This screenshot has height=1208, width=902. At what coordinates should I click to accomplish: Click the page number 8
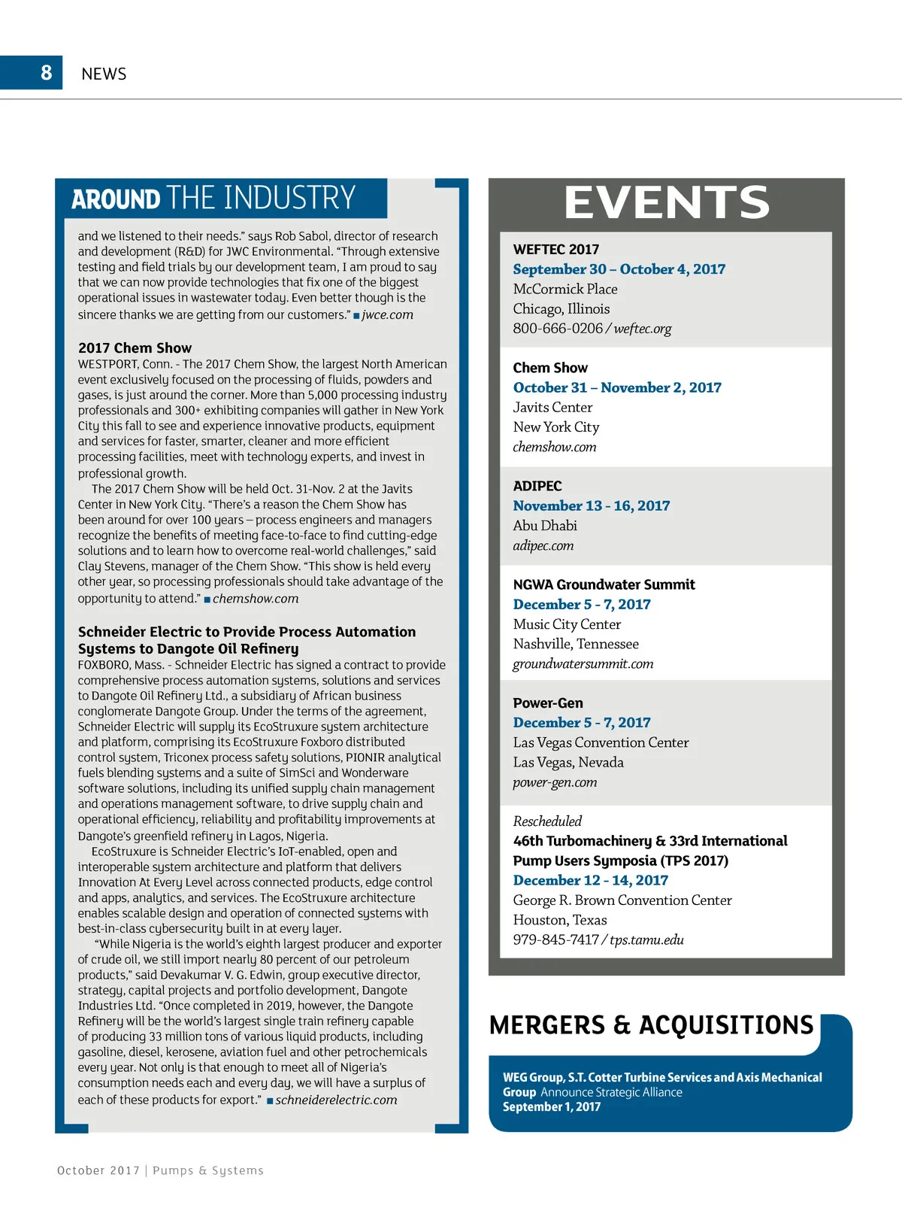pyautogui.click(x=47, y=72)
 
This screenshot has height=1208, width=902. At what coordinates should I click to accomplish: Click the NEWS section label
pyautogui.click(x=104, y=74)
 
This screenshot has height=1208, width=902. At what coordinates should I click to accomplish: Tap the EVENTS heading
pyautogui.click(x=667, y=202)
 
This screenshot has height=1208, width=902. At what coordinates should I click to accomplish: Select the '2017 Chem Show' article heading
pyautogui.click(x=135, y=348)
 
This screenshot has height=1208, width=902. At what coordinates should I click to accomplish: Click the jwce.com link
pyautogui.click(x=387, y=314)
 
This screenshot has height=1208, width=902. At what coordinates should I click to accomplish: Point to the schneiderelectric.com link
pyautogui.click(x=336, y=1100)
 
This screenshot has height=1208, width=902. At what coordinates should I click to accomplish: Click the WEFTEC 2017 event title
pyautogui.click(x=555, y=249)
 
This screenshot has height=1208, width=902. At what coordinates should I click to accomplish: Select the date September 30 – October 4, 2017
pyautogui.click(x=619, y=269)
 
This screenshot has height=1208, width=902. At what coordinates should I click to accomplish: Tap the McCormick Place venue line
pyautogui.click(x=565, y=289)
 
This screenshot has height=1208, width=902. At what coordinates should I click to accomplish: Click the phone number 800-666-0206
pyautogui.click(x=558, y=329)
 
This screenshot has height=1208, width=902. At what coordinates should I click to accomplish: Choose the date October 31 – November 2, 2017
pyautogui.click(x=616, y=387)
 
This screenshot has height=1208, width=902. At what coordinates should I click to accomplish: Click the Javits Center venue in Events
pyautogui.click(x=552, y=407)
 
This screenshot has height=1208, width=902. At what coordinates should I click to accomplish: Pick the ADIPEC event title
pyautogui.click(x=537, y=486)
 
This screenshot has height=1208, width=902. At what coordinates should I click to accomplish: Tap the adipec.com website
pyautogui.click(x=543, y=545)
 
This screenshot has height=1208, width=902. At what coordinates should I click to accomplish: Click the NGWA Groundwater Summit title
pyautogui.click(x=604, y=584)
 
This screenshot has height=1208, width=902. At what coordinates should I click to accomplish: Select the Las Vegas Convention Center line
pyautogui.click(x=601, y=742)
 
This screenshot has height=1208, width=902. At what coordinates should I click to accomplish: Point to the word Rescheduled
pyautogui.click(x=547, y=821)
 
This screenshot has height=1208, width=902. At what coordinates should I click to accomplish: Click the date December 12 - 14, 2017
pyautogui.click(x=590, y=880)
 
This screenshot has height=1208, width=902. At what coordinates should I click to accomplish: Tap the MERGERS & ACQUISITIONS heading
pyautogui.click(x=651, y=1025)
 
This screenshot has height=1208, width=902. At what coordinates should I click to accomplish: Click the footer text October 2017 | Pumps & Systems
pyautogui.click(x=160, y=1170)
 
